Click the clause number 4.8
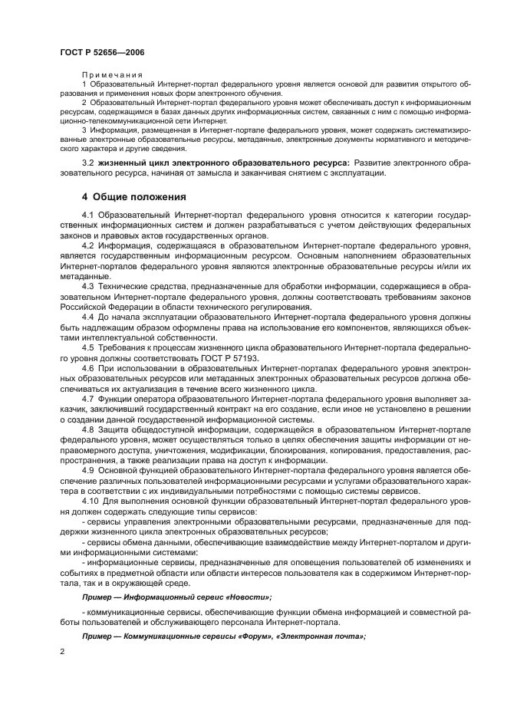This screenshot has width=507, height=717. (87, 429)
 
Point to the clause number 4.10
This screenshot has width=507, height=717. (90, 499)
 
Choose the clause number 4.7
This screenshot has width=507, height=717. (87, 399)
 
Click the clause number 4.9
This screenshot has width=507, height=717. (87, 469)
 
